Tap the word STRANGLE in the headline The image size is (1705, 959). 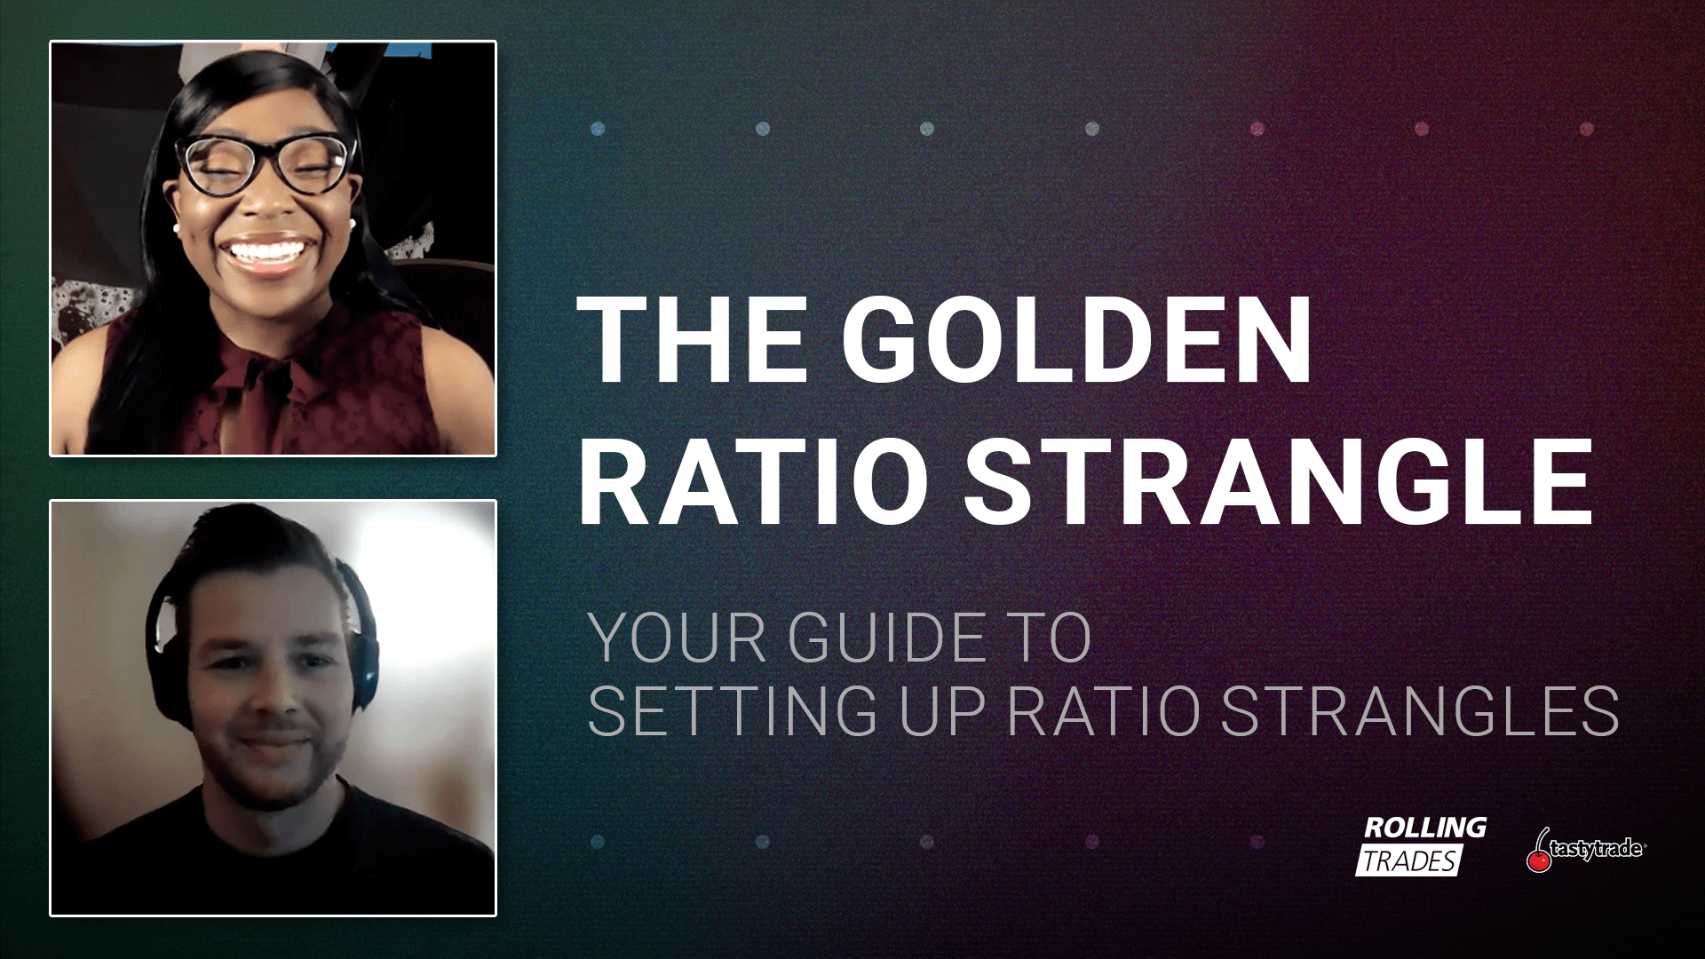[x=1278, y=481]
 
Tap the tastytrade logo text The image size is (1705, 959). [x=1598, y=848]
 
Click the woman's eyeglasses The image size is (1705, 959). [x=266, y=162]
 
